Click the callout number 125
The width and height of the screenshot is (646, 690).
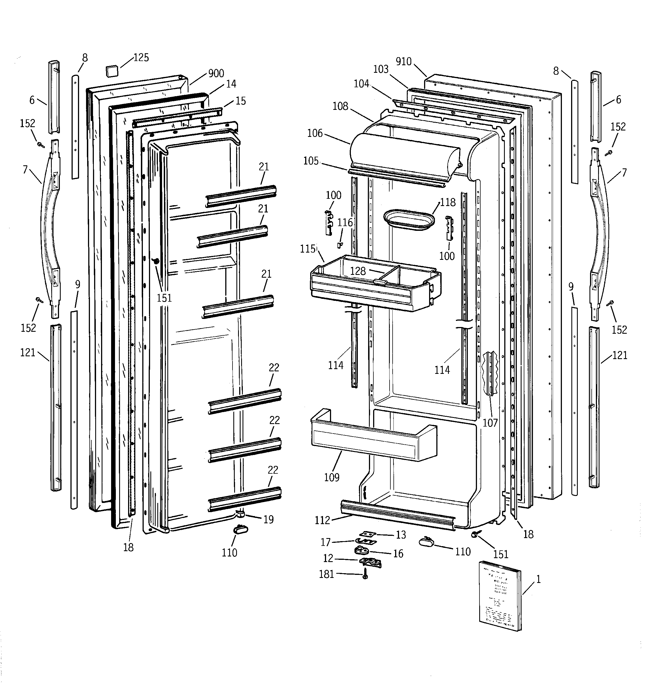(141, 58)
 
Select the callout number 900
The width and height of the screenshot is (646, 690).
(216, 73)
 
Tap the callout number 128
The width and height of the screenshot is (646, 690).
(358, 271)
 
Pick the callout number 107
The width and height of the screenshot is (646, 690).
(490, 423)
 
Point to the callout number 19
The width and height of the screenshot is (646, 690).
(268, 520)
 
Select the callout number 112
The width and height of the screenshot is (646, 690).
(322, 520)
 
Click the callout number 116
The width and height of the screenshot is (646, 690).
(345, 222)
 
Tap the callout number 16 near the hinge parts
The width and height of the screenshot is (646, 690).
(398, 554)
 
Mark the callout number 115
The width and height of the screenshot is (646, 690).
(308, 249)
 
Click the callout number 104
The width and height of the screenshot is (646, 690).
(361, 84)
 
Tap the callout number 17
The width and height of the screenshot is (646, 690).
(326, 542)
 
